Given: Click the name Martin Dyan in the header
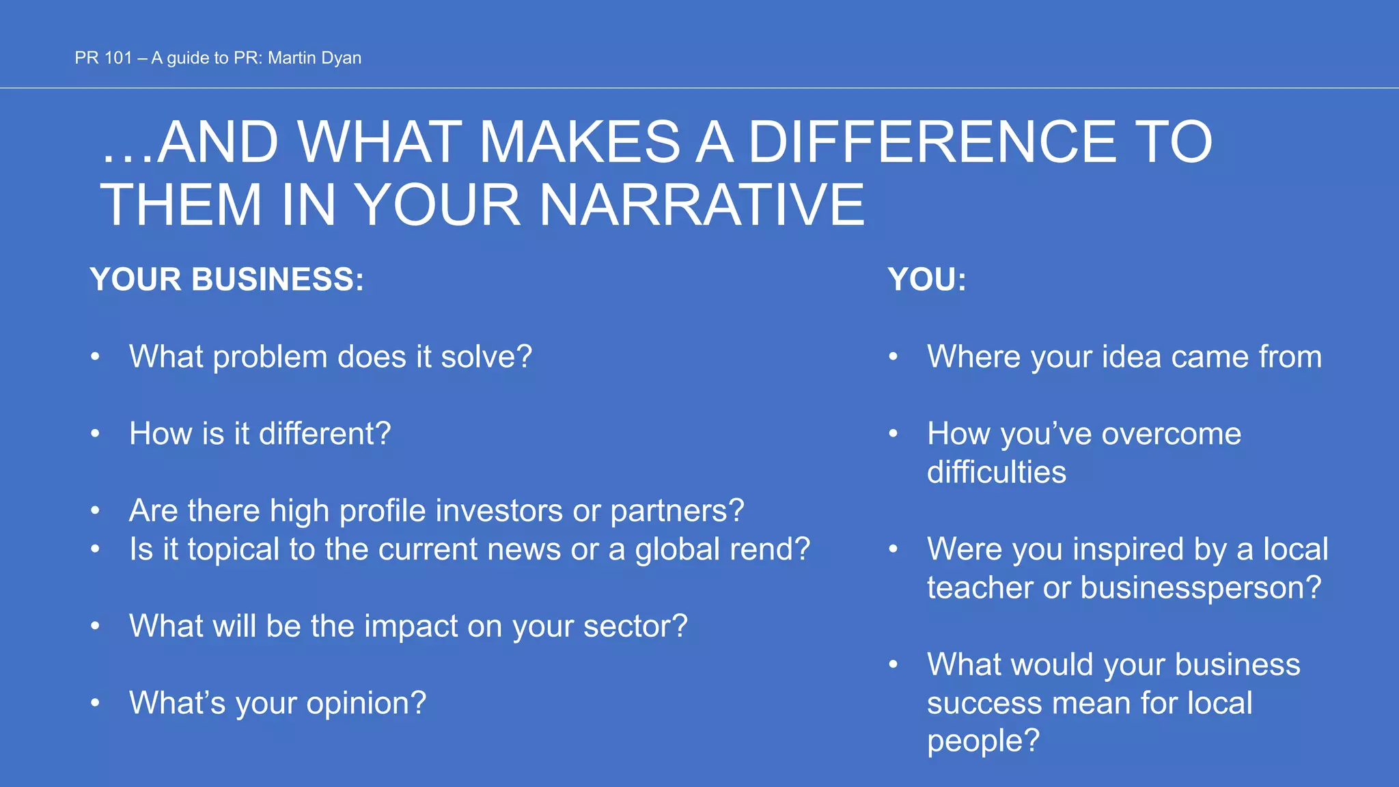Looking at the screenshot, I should pyautogui.click(x=314, y=58).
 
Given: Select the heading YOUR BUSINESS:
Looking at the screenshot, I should pyautogui.click(x=227, y=279).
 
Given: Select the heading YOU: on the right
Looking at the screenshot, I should pyautogui.click(x=927, y=279).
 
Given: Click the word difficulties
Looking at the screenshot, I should pyautogui.click(x=996, y=472).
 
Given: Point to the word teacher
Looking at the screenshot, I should pyautogui.click(x=980, y=588).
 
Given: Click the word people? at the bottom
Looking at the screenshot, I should pyautogui.click(x=983, y=741).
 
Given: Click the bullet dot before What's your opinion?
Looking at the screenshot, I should pyautogui.click(x=96, y=702).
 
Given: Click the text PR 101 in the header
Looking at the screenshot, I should pyautogui.click(x=103, y=58).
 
